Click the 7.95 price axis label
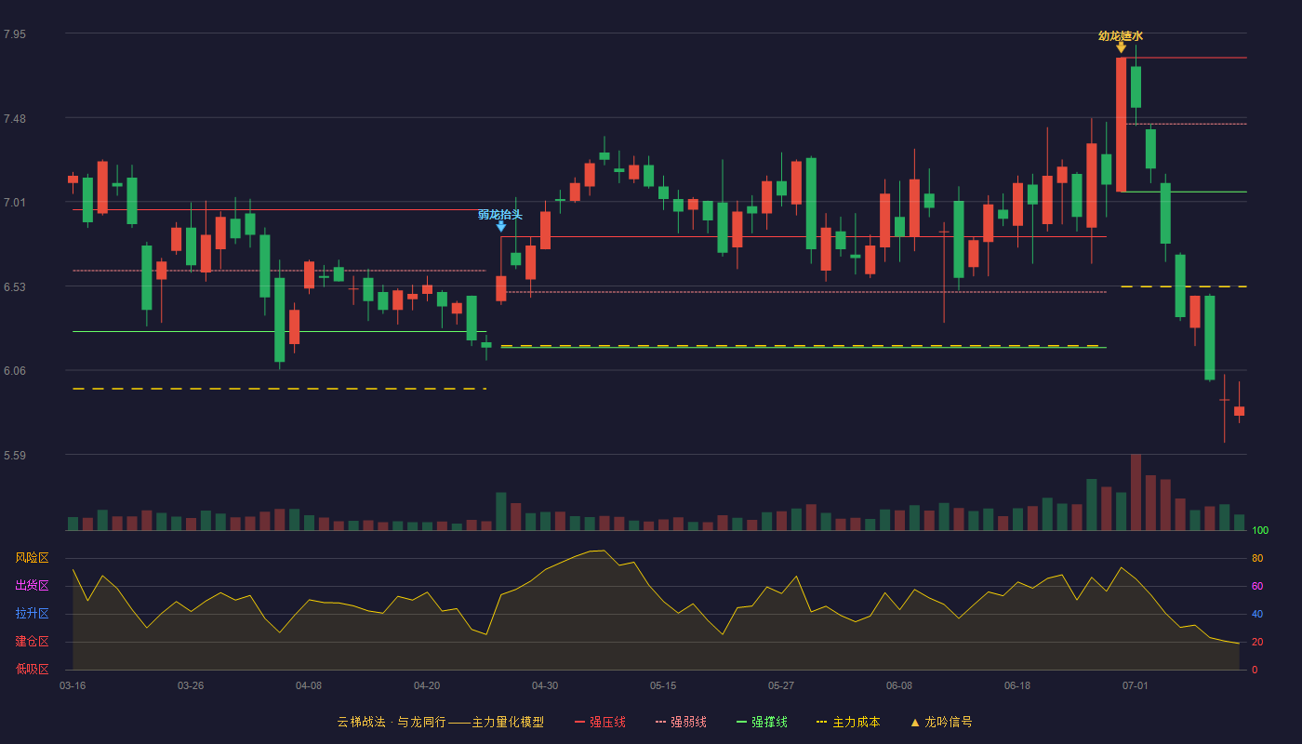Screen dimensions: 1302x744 [x=15, y=34]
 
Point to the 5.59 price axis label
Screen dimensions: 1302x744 [x=15, y=455]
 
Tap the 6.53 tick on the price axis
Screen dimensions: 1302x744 [x=15, y=287]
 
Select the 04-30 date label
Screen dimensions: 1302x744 [x=545, y=686]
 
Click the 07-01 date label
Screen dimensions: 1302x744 [x=1136, y=686]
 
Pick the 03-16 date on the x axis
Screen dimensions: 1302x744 [x=73, y=686]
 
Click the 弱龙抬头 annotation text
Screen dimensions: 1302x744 [x=500, y=215]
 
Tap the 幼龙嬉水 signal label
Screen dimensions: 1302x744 [x=1121, y=36]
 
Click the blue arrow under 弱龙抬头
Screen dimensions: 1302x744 [x=500, y=227]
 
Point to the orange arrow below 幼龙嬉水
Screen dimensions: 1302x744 [x=1122, y=47]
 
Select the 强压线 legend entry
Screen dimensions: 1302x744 [x=600, y=722]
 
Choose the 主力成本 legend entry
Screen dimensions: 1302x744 [x=848, y=722]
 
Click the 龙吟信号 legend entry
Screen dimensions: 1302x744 [x=941, y=722]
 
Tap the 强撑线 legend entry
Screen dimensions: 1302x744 [x=762, y=722]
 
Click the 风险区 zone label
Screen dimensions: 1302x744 [x=32, y=558]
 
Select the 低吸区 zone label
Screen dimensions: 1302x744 [x=32, y=670]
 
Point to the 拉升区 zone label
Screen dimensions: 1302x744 [x=32, y=614]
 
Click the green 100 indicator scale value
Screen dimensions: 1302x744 [x=1260, y=530]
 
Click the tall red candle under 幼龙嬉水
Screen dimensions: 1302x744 [x=1122, y=125]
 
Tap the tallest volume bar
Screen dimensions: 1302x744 [x=1136, y=492]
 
